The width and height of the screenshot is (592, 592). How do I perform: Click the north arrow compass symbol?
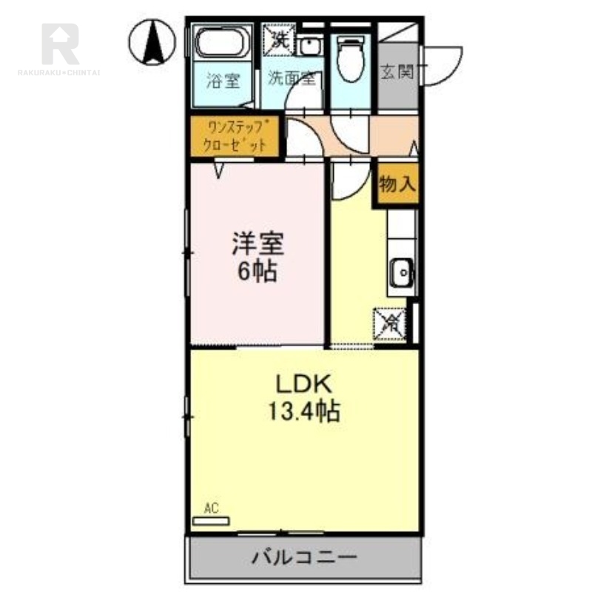coord(153,40)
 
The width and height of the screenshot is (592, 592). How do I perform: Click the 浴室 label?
coord(223,80)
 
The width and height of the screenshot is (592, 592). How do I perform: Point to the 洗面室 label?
coord(292,78)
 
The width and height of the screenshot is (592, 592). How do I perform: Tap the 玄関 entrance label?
coord(397,73)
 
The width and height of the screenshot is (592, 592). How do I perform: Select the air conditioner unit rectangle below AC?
coord(212,520)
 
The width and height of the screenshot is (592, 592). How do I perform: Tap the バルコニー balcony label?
coord(303,556)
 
